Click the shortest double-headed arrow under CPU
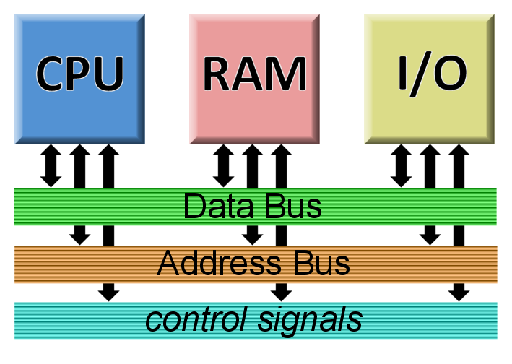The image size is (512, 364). [x=51, y=165]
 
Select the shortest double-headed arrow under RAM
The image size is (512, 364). [x=225, y=165]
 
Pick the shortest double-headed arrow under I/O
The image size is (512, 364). [x=401, y=165]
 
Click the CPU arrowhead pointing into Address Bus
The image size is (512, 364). [x=80, y=237]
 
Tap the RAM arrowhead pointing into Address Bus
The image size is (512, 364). [x=253, y=237]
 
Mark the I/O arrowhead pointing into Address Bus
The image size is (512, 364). [x=430, y=237]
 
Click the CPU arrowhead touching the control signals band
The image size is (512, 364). [x=108, y=293]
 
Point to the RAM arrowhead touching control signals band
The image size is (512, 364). [x=282, y=293]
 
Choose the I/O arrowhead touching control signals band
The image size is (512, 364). [x=458, y=293]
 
